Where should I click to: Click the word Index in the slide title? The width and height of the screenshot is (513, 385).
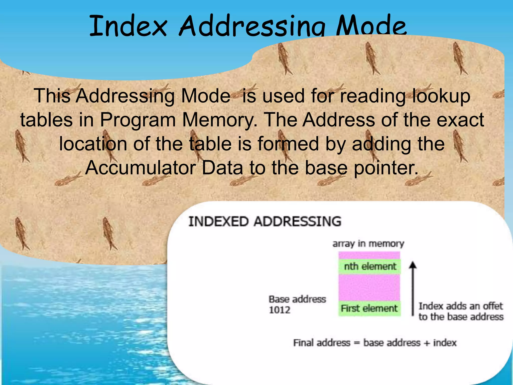pyautogui.click(x=128, y=26)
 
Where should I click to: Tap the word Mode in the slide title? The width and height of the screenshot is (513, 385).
pyautogui.click(x=371, y=26)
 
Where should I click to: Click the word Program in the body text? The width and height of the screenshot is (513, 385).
pyautogui.click(x=138, y=120)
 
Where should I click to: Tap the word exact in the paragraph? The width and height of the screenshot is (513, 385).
pyautogui.click(x=460, y=120)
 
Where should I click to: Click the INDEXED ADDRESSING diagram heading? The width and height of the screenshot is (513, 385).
pyautogui.click(x=265, y=222)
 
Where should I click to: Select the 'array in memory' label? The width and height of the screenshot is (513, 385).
pyautogui.click(x=368, y=244)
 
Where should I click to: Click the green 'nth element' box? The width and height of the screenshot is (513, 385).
pyautogui.click(x=370, y=266)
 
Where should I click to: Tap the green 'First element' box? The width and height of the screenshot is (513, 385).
pyautogui.click(x=369, y=308)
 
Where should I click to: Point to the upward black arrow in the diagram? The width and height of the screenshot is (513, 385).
pyautogui.click(x=413, y=288)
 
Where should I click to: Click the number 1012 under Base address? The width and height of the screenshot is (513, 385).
pyautogui.click(x=280, y=310)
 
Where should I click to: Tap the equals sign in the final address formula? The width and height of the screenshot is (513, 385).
pyautogui.click(x=357, y=343)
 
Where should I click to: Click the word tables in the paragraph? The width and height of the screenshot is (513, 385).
pyautogui.click(x=47, y=120)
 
